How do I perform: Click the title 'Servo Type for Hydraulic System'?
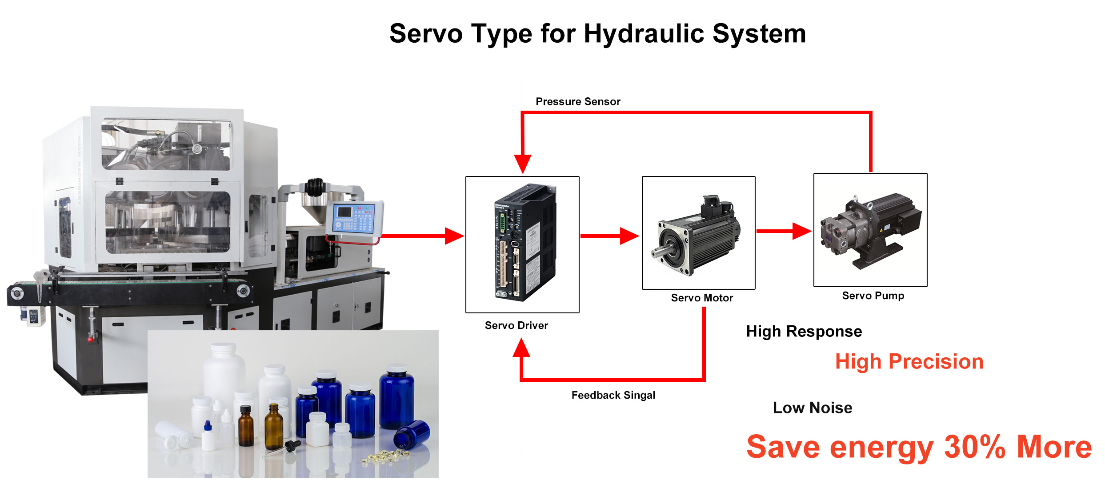coord(597,34)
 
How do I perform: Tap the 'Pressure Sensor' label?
coord(578,101)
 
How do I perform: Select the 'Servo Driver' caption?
coord(516,325)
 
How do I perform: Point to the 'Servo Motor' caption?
coord(702,298)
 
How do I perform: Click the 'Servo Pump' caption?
coord(873,296)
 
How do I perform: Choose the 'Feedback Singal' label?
coord(613,395)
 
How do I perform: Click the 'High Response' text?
coord(804,332)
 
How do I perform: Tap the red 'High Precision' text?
coord(909,361)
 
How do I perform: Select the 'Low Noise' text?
coord(813,408)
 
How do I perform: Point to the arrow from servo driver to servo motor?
coord(610,236)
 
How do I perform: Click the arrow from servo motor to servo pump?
coord(784,231)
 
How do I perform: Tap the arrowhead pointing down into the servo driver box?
coord(523,164)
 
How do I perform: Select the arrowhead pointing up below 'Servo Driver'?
coord(521,348)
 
